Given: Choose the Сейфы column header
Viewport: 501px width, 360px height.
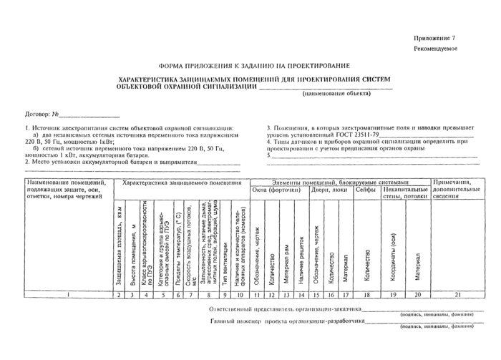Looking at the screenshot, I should tap(367, 190).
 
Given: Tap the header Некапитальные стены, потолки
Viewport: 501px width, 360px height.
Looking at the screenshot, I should tap(406, 194).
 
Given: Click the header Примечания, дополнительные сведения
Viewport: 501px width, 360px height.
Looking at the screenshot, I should tap(455, 190).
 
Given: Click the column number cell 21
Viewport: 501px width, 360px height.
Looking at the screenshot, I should tap(455, 294).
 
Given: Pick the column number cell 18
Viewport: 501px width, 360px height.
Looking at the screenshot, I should tap(367, 294).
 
